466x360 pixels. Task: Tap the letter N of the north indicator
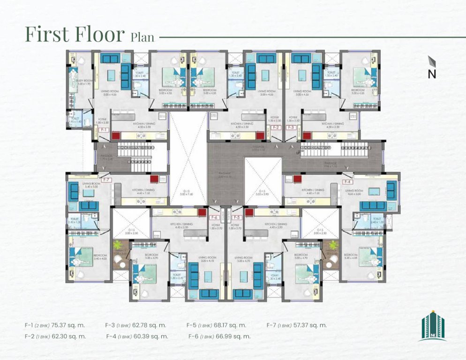pyautogui.click(x=432, y=74)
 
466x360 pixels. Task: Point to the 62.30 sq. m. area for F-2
pyautogui.click(x=69, y=336)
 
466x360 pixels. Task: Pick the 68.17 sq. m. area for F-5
pyautogui.click(x=230, y=325)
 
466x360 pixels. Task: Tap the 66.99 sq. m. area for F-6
pyautogui.click(x=234, y=336)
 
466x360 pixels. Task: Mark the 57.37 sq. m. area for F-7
pyautogui.click(x=310, y=325)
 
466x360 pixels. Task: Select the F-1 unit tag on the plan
pyautogui.click(x=104, y=129)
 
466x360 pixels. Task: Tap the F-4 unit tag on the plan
pyautogui.click(x=347, y=181)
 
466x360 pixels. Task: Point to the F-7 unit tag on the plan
pyautogui.click(x=106, y=180)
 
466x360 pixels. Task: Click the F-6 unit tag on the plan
pyautogui.click(x=214, y=217)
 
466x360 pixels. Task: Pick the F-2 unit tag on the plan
pyautogui.click(x=276, y=127)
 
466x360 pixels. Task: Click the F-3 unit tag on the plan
pyautogui.click(x=291, y=127)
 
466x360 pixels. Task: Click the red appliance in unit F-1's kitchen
pyautogui.click(x=116, y=135)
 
